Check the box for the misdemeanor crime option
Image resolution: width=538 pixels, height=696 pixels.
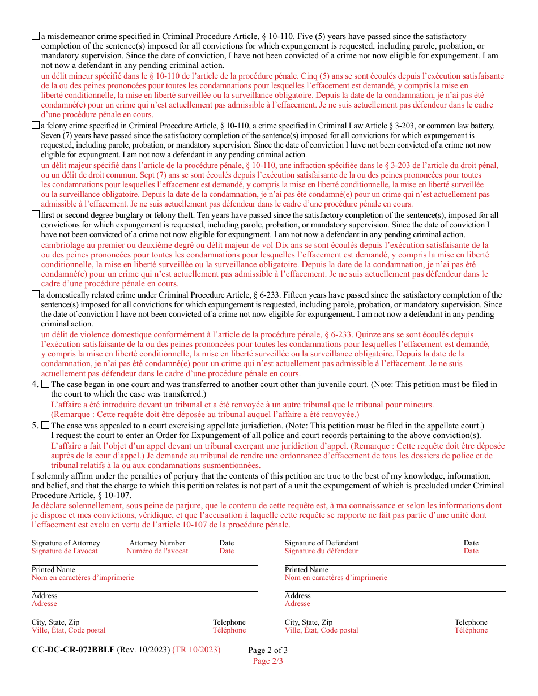point(36,36)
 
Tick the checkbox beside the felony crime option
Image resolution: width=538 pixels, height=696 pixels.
point(36,126)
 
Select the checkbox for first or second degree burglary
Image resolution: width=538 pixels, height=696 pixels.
point(36,215)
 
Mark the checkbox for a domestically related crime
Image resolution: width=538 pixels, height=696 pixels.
point(36,295)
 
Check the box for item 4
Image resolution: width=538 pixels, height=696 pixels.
point(45,384)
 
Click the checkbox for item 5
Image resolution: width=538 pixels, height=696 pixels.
point(45,426)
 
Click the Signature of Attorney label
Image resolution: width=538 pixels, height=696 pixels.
point(66,543)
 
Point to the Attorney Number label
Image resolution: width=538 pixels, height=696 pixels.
point(157,543)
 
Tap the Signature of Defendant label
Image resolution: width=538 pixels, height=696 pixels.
point(322,543)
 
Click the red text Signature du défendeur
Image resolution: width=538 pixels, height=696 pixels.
point(322,551)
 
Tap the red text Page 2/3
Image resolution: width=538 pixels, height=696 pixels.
point(268,661)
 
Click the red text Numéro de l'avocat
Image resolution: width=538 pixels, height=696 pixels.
point(157,551)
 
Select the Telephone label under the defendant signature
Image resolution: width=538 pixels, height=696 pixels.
point(471,622)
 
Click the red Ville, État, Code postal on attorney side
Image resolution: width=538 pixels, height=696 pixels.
point(69,630)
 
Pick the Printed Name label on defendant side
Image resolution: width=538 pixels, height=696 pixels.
point(306,570)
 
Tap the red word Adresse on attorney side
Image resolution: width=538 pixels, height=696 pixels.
point(44,604)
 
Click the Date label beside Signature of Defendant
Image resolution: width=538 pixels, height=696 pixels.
point(471,543)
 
